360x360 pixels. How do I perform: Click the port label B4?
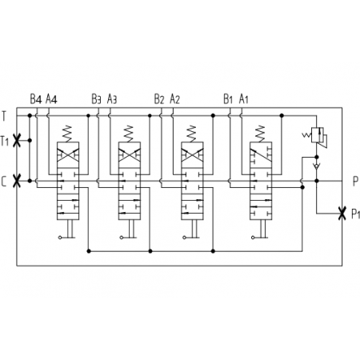click(x=36, y=99)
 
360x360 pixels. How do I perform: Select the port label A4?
click(x=51, y=99)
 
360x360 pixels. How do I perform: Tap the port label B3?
click(x=96, y=99)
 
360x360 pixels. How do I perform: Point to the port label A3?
click(x=112, y=99)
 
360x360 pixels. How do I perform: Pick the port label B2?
click(x=159, y=99)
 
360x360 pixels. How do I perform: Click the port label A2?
click(x=175, y=99)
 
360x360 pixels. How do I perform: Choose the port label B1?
click(x=228, y=99)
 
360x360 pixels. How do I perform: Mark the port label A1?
click(x=244, y=99)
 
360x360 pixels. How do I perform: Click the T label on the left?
click(x=4, y=116)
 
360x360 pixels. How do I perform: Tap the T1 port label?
click(x=5, y=141)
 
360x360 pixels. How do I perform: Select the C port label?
click(x=4, y=182)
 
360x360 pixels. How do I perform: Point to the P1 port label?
click(x=356, y=214)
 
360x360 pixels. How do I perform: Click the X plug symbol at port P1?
click(x=342, y=214)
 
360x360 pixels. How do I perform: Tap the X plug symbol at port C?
click(x=17, y=181)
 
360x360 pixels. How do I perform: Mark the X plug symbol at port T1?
click(x=17, y=140)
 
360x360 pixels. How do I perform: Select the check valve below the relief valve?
click(x=317, y=166)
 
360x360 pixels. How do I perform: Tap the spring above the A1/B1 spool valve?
click(x=261, y=134)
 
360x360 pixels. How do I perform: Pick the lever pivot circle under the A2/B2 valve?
click(x=184, y=238)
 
